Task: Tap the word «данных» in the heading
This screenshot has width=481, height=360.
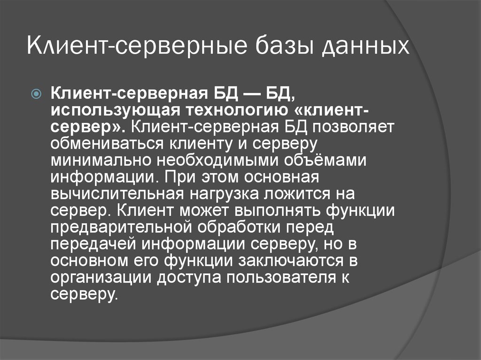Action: [366, 48]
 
